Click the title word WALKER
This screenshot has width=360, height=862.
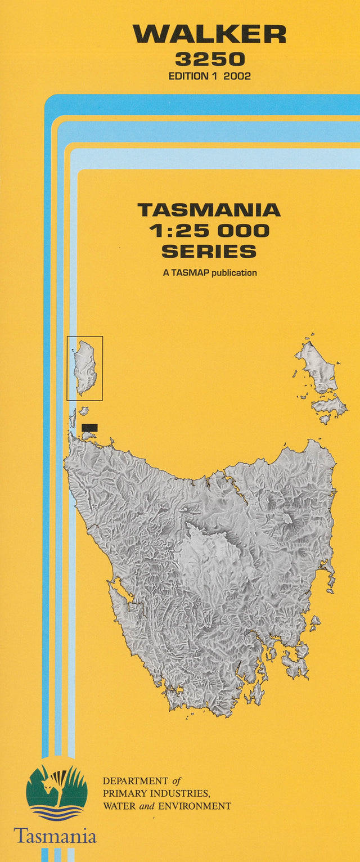coord(209,34)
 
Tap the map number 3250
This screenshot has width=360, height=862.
coord(209,59)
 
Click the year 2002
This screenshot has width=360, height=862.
coord(237,77)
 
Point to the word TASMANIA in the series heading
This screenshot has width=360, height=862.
coord(209,210)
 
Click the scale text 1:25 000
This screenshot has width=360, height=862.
coord(209,230)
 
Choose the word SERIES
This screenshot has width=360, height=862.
coord(209,250)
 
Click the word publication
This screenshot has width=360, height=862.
coord(234,273)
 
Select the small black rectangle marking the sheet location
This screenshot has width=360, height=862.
coord(89,428)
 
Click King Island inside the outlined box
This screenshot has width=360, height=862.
coord(85,367)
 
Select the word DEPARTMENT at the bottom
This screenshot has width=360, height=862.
coord(136,781)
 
